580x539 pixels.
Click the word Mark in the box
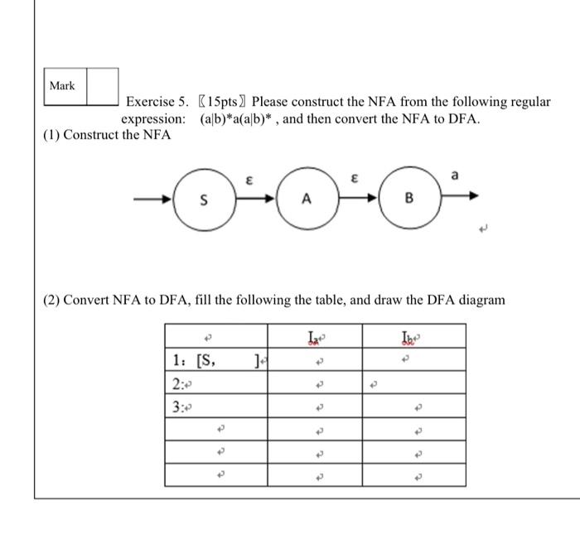click(62, 86)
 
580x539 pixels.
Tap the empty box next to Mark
click(102, 86)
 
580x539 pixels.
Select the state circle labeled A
click(306, 199)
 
